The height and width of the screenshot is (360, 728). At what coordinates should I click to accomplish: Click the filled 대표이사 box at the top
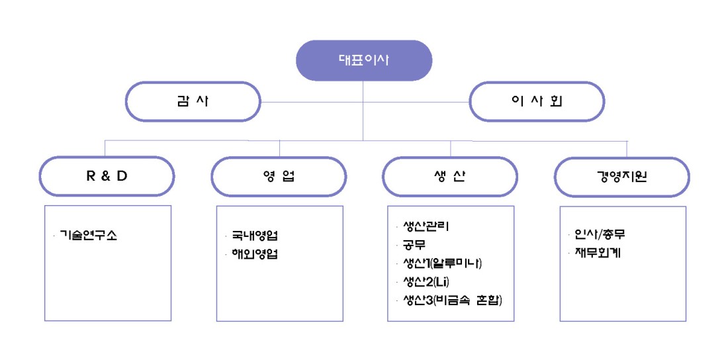364,60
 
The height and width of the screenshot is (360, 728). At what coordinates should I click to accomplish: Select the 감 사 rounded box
193,102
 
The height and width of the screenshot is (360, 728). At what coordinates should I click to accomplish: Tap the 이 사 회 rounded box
537,102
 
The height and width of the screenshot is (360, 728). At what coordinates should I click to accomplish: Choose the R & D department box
107,177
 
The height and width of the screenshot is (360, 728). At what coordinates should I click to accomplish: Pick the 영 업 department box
279,177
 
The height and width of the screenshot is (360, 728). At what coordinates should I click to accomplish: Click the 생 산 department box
450,177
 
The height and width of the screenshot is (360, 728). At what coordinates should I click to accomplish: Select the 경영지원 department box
621,177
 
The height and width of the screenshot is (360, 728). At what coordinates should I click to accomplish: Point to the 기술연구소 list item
88,235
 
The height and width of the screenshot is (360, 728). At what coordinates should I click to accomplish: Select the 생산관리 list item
426,227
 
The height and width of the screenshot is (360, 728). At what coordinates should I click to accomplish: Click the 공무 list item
414,245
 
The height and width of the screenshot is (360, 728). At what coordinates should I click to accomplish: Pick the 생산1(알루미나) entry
443,263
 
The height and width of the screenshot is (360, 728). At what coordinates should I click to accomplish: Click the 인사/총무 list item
600,234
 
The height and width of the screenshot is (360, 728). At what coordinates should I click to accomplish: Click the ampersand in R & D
107,177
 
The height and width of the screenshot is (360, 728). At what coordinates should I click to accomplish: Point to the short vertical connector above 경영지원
627,149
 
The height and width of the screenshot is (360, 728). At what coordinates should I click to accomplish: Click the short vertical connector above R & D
105,148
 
